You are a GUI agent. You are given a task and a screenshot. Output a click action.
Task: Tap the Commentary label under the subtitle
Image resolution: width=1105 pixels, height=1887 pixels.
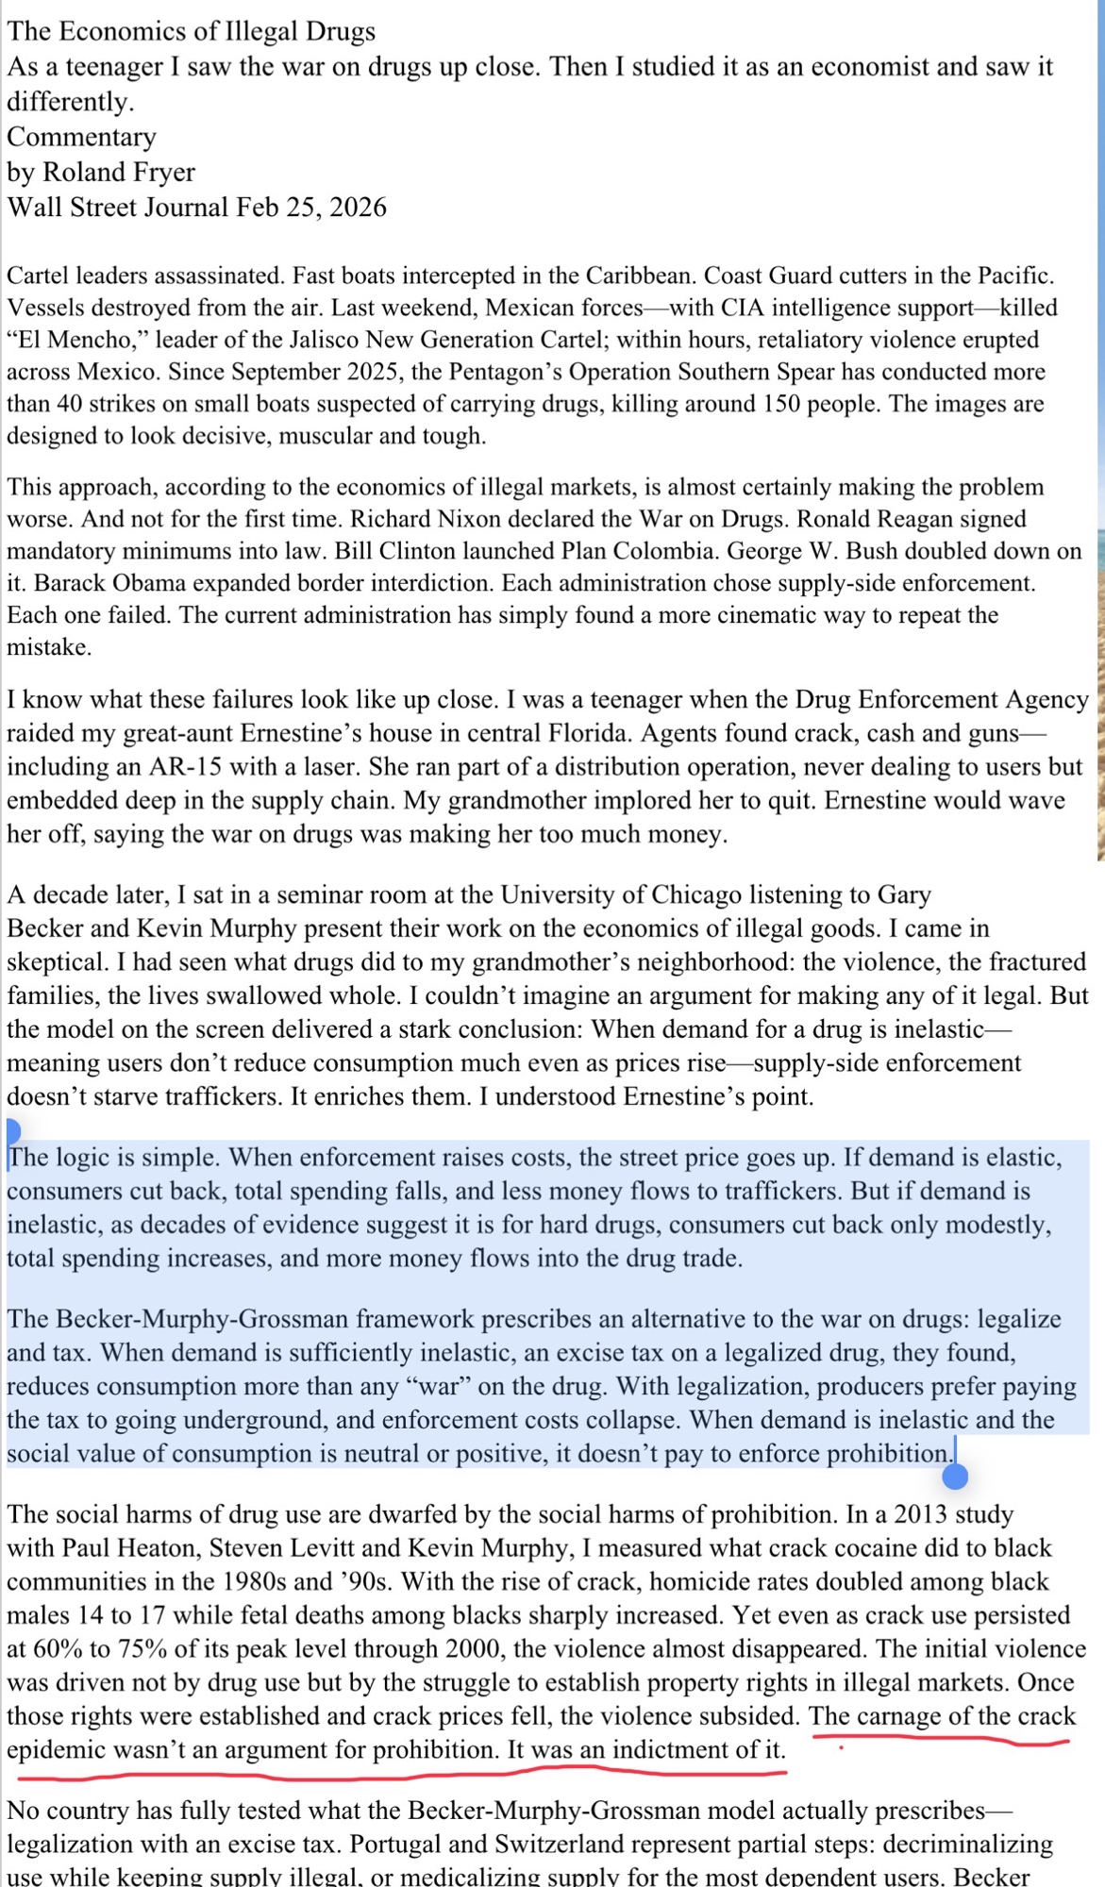pos(81,137)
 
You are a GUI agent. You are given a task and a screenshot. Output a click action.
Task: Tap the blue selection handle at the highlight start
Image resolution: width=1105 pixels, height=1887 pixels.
pos(12,1129)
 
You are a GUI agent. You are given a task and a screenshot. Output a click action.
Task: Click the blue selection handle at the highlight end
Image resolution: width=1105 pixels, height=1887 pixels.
pos(955,1476)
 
